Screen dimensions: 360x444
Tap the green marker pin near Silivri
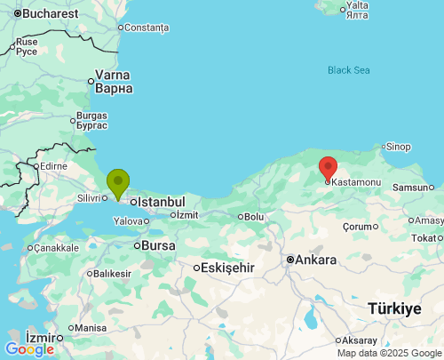[117, 183]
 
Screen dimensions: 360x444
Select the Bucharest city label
[50, 14]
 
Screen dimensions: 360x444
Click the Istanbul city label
[161, 202]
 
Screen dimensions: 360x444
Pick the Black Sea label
[348, 70]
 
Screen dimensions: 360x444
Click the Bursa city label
[158, 244]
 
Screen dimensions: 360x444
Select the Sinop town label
[398, 147]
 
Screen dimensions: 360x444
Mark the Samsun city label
[411, 188]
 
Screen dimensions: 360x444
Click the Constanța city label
[147, 28]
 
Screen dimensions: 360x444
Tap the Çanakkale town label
[58, 247]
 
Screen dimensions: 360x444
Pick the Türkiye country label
[394, 308]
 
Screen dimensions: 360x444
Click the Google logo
[29, 349]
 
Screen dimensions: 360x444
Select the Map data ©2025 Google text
[388, 353]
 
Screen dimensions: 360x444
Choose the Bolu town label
[254, 216]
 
